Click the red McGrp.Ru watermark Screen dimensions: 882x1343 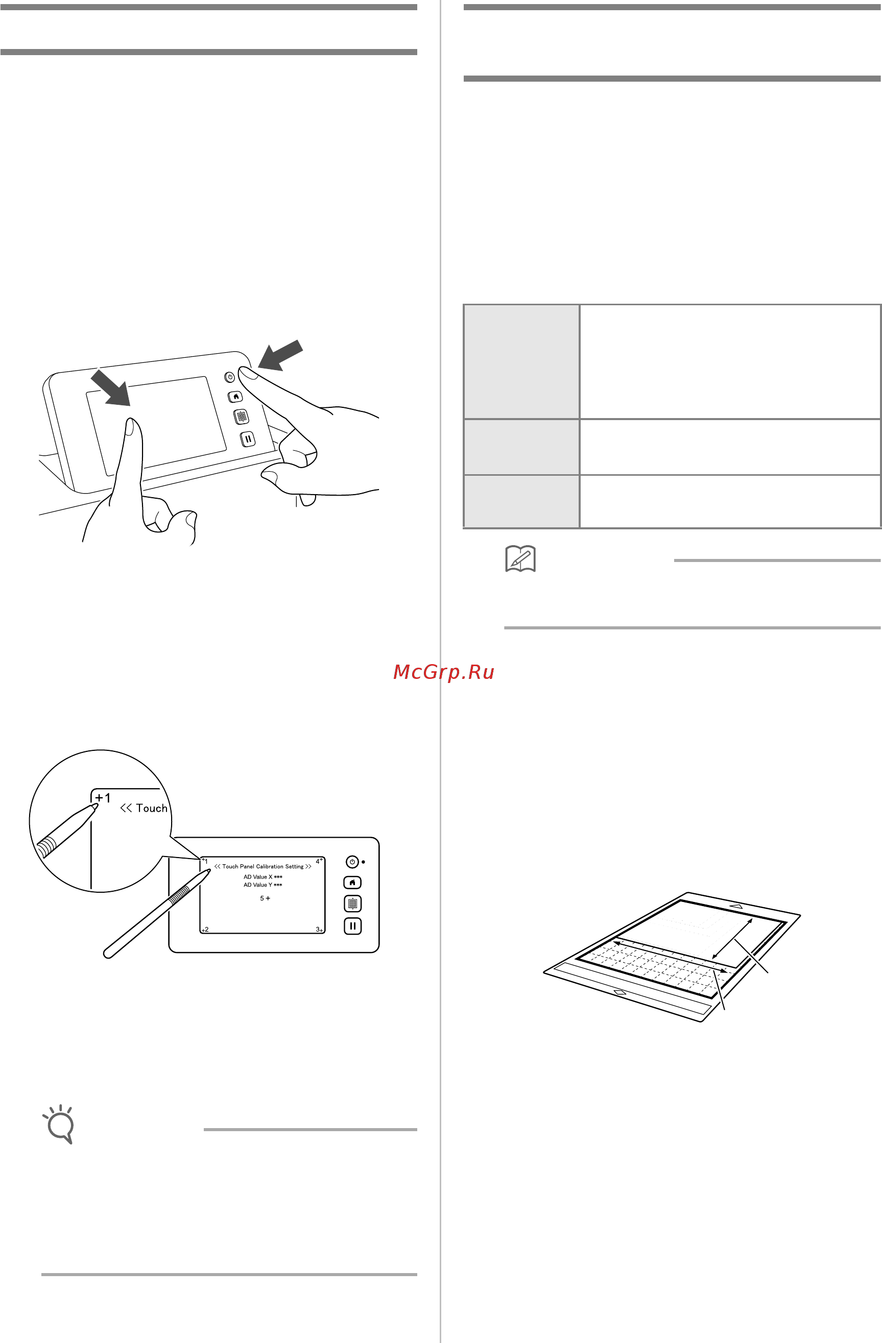click(444, 672)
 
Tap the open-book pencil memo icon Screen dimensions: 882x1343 click(520, 558)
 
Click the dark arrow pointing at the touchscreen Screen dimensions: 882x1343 click(111, 387)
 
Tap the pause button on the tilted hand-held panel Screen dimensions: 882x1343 click(248, 438)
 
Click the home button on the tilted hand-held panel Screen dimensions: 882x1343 click(235, 397)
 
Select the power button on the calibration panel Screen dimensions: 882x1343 click(352, 862)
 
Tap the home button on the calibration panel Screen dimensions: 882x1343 click(352, 883)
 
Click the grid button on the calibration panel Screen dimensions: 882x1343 click(352, 904)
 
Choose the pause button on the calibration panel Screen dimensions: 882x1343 click(352, 926)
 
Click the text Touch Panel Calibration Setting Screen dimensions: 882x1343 click(263, 866)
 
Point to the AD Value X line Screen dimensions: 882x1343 click(263, 877)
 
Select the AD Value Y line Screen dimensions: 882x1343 click(263, 885)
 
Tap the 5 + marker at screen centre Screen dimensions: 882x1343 click(265, 898)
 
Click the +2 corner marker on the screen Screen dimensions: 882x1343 click(205, 930)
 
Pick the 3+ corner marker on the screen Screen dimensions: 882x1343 click(320, 930)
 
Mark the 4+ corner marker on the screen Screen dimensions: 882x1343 click(320, 861)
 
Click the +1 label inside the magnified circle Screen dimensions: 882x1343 click(103, 798)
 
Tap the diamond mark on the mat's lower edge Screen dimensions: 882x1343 click(619, 992)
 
